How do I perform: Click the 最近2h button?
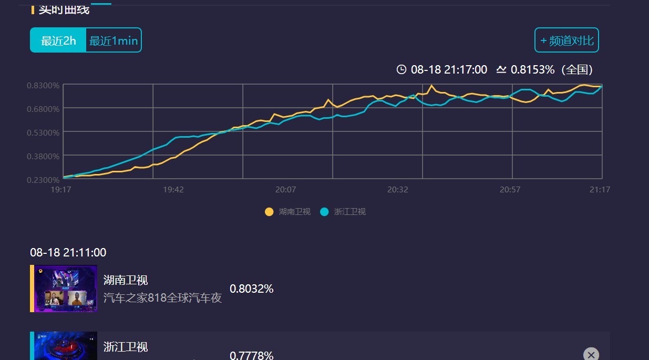click(58, 40)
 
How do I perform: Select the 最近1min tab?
click(114, 40)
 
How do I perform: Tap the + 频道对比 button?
click(566, 40)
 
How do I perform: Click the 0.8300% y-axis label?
click(43, 85)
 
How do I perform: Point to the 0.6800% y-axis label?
click(43, 109)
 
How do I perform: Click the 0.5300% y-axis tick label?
click(43, 132)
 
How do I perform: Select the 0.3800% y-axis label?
click(43, 156)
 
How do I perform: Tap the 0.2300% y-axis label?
click(43, 180)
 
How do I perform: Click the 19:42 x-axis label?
click(173, 190)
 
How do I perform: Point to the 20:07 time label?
click(286, 190)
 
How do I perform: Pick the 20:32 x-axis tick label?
click(398, 190)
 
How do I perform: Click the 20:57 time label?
click(510, 190)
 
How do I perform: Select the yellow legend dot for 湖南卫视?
click(269, 212)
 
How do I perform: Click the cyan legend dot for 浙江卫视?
click(324, 212)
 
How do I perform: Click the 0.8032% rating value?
click(251, 289)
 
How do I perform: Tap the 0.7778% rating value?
click(251, 355)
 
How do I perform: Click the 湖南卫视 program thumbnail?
click(66, 289)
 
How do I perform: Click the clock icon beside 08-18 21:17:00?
click(401, 69)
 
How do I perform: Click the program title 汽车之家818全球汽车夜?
click(162, 298)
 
